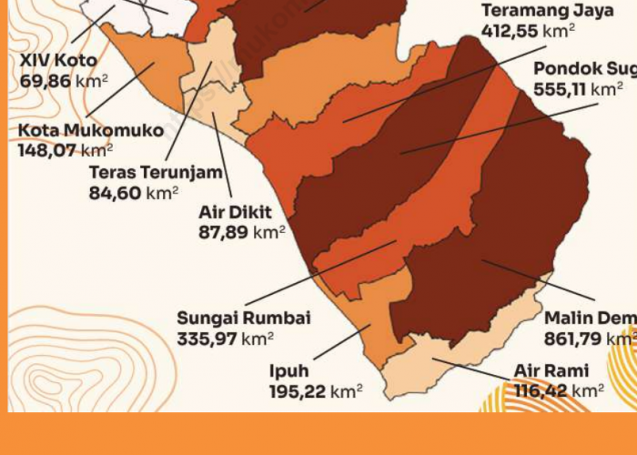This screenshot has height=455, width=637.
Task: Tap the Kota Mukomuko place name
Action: (x=90, y=131)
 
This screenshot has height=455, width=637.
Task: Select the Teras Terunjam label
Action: (x=155, y=173)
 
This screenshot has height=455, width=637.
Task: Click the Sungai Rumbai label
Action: (x=244, y=318)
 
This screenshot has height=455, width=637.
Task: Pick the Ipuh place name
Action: (x=288, y=371)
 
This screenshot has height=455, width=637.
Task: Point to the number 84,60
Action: (x=117, y=192)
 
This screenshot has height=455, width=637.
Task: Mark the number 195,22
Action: (x=297, y=391)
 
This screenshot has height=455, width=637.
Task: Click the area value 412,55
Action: (x=510, y=30)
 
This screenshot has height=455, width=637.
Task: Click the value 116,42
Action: (x=541, y=391)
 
